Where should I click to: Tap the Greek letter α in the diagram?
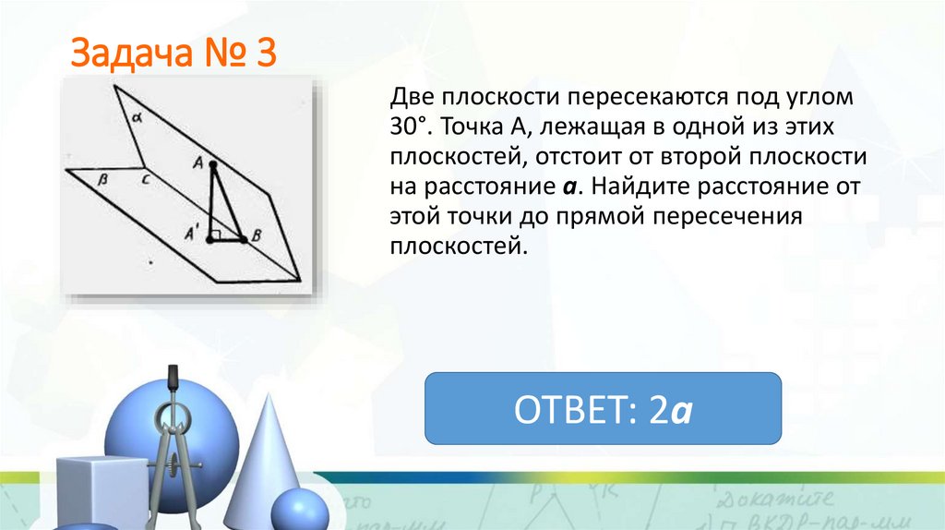[135, 117]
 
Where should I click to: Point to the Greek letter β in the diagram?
[103, 182]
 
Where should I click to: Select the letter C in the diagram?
[146, 182]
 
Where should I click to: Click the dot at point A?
[213, 164]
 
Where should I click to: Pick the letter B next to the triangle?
[258, 236]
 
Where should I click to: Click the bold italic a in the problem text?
[569, 187]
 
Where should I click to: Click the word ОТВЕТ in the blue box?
[575, 408]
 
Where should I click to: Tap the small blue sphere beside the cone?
[298, 511]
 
